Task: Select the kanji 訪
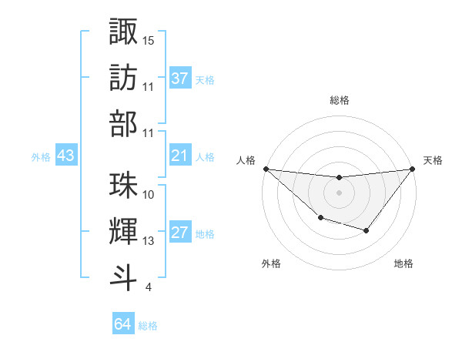[x=124, y=77]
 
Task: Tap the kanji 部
[x=124, y=122]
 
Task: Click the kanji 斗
[x=124, y=276]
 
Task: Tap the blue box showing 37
[x=180, y=79]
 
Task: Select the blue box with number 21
[x=180, y=156]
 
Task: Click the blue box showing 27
[x=180, y=233]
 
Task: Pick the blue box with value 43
[x=66, y=156]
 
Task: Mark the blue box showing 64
[x=123, y=325]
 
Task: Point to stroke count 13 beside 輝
[x=149, y=241]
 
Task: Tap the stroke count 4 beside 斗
[x=148, y=287]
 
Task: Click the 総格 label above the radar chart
[x=340, y=101]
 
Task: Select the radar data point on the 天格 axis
[x=412, y=169]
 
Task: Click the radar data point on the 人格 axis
[x=266, y=169]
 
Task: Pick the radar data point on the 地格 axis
[x=367, y=230]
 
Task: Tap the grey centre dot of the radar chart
[x=339, y=193]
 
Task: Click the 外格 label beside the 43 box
[x=41, y=157]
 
